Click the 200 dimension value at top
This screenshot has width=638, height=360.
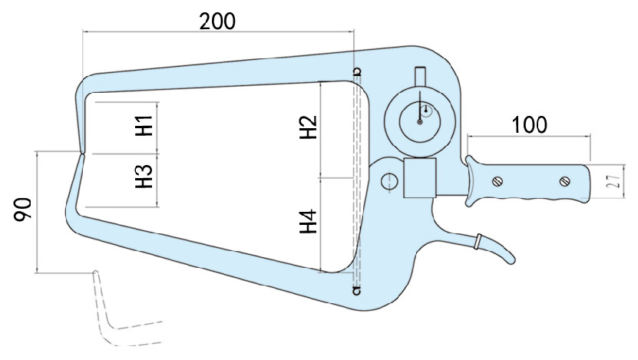pos(217,21)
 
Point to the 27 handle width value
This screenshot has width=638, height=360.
pos(613,181)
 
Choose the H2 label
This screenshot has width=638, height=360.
pos(308,127)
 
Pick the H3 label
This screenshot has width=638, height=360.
pos(144,177)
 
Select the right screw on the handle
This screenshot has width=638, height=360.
pos(566,182)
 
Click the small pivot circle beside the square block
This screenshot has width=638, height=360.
pos(388,181)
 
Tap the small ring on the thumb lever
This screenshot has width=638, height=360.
pos(478,241)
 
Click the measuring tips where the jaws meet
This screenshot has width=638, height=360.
pos(81,153)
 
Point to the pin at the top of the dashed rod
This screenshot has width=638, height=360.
pos(356,73)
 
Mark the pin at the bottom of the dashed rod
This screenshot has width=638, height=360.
pos(355,290)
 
